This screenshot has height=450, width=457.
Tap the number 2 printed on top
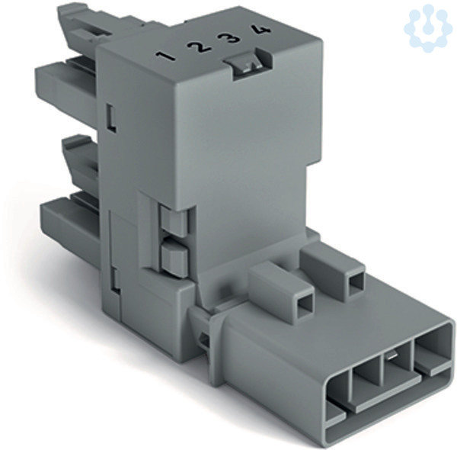pos(197,47)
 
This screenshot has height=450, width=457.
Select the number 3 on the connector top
pos(230,38)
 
